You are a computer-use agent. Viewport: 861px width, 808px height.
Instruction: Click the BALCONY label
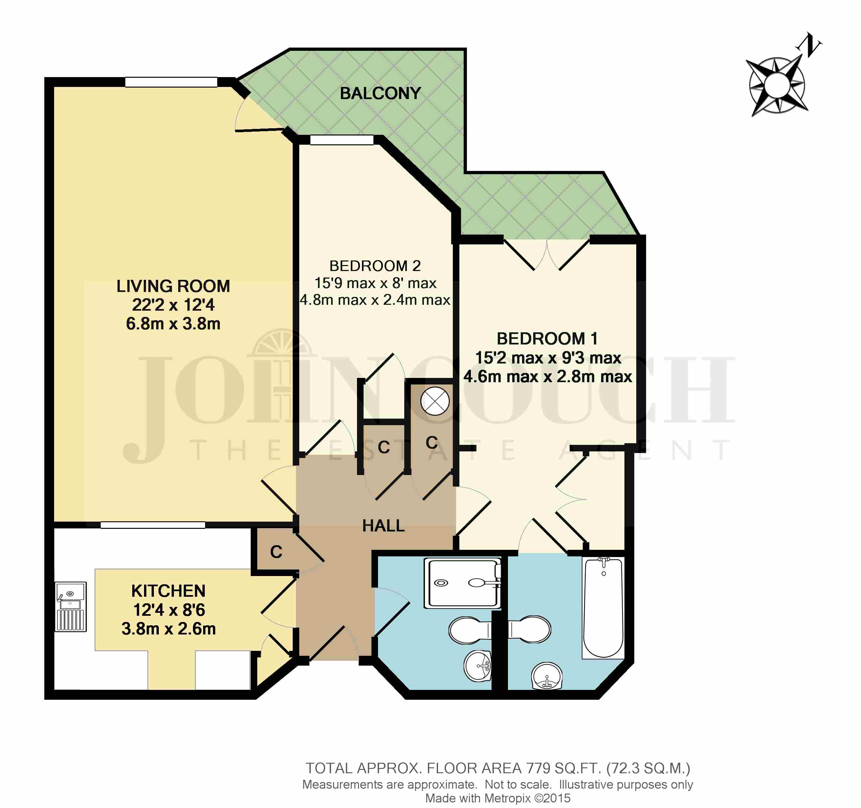coord(380,93)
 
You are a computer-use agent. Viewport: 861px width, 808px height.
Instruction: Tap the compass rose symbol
coord(777,86)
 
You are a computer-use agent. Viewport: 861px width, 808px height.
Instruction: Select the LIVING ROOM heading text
coord(173,286)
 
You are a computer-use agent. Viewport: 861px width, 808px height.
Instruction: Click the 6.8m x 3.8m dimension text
coord(173,324)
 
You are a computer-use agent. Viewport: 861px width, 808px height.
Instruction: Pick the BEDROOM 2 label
coord(375,265)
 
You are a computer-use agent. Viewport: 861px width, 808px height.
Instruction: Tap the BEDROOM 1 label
coord(547,339)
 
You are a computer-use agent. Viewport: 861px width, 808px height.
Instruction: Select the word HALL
coord(383,526)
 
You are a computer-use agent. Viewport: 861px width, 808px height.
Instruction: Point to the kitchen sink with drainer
coord(71,606)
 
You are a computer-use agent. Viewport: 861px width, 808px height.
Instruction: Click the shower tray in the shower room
coord(463,583)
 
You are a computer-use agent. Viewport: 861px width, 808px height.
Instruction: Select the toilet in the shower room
coord(470,630)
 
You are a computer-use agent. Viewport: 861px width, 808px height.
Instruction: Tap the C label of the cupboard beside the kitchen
coord(276,552)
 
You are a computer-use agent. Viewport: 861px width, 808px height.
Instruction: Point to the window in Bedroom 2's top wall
coord(342,140)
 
